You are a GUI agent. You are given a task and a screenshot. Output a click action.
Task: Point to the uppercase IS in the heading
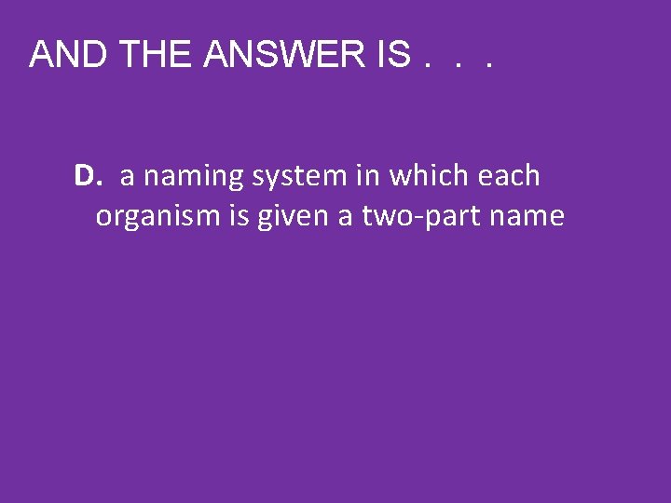click(390, 56)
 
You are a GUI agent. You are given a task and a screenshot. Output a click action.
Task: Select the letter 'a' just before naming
click(127, 177)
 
